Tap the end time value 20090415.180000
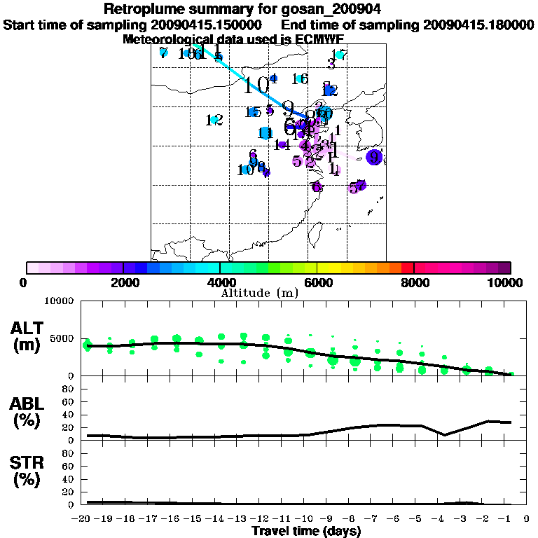(x=478, y=25)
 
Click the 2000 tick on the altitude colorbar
(x=123, y=283)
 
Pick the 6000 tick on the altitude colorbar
(x=317, y=283)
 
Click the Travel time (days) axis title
(x=307, y=531)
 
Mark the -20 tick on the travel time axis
(x=84, y=519)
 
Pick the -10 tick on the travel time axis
(x=306, y=519)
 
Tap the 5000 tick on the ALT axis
(x=60, y=338)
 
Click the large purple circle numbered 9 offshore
(x=375, y=157)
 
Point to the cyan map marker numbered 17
(x=340, y=55)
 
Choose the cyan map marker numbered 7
(x=163, y=52)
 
